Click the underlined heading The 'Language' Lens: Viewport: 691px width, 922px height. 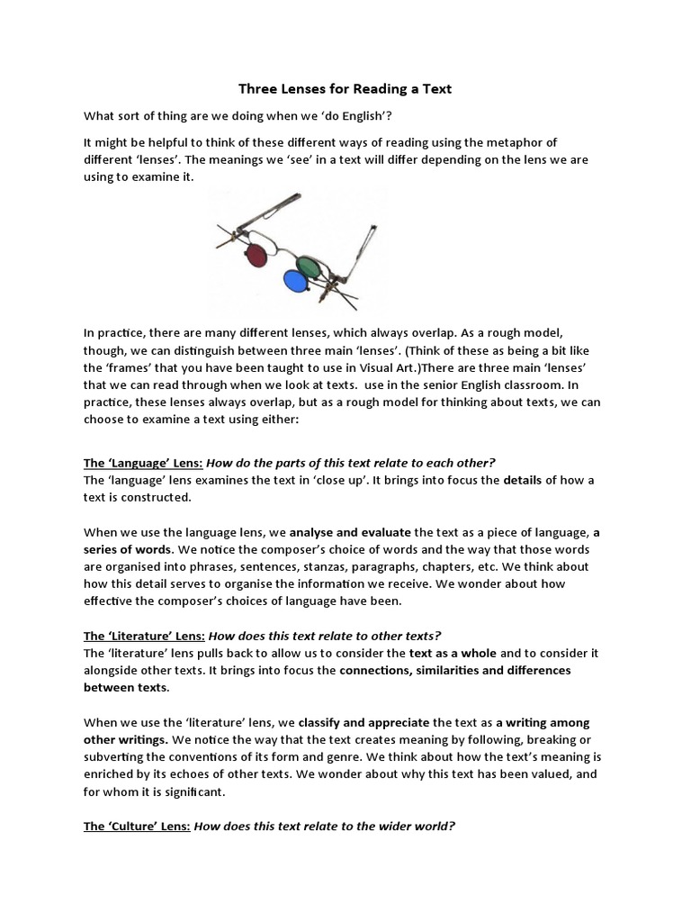pos(143,463)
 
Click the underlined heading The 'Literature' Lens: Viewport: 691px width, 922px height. pos(143,636)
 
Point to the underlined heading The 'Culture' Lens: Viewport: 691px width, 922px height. pos(137,826)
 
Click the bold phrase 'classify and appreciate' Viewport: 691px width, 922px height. pos(363,722)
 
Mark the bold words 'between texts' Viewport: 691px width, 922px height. pos(125,688)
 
